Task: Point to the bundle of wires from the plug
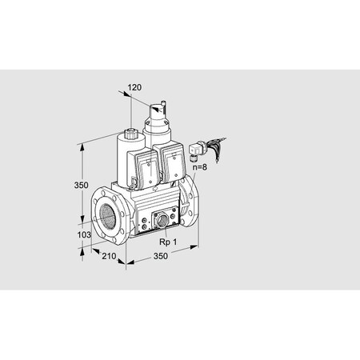coord(218,146)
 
